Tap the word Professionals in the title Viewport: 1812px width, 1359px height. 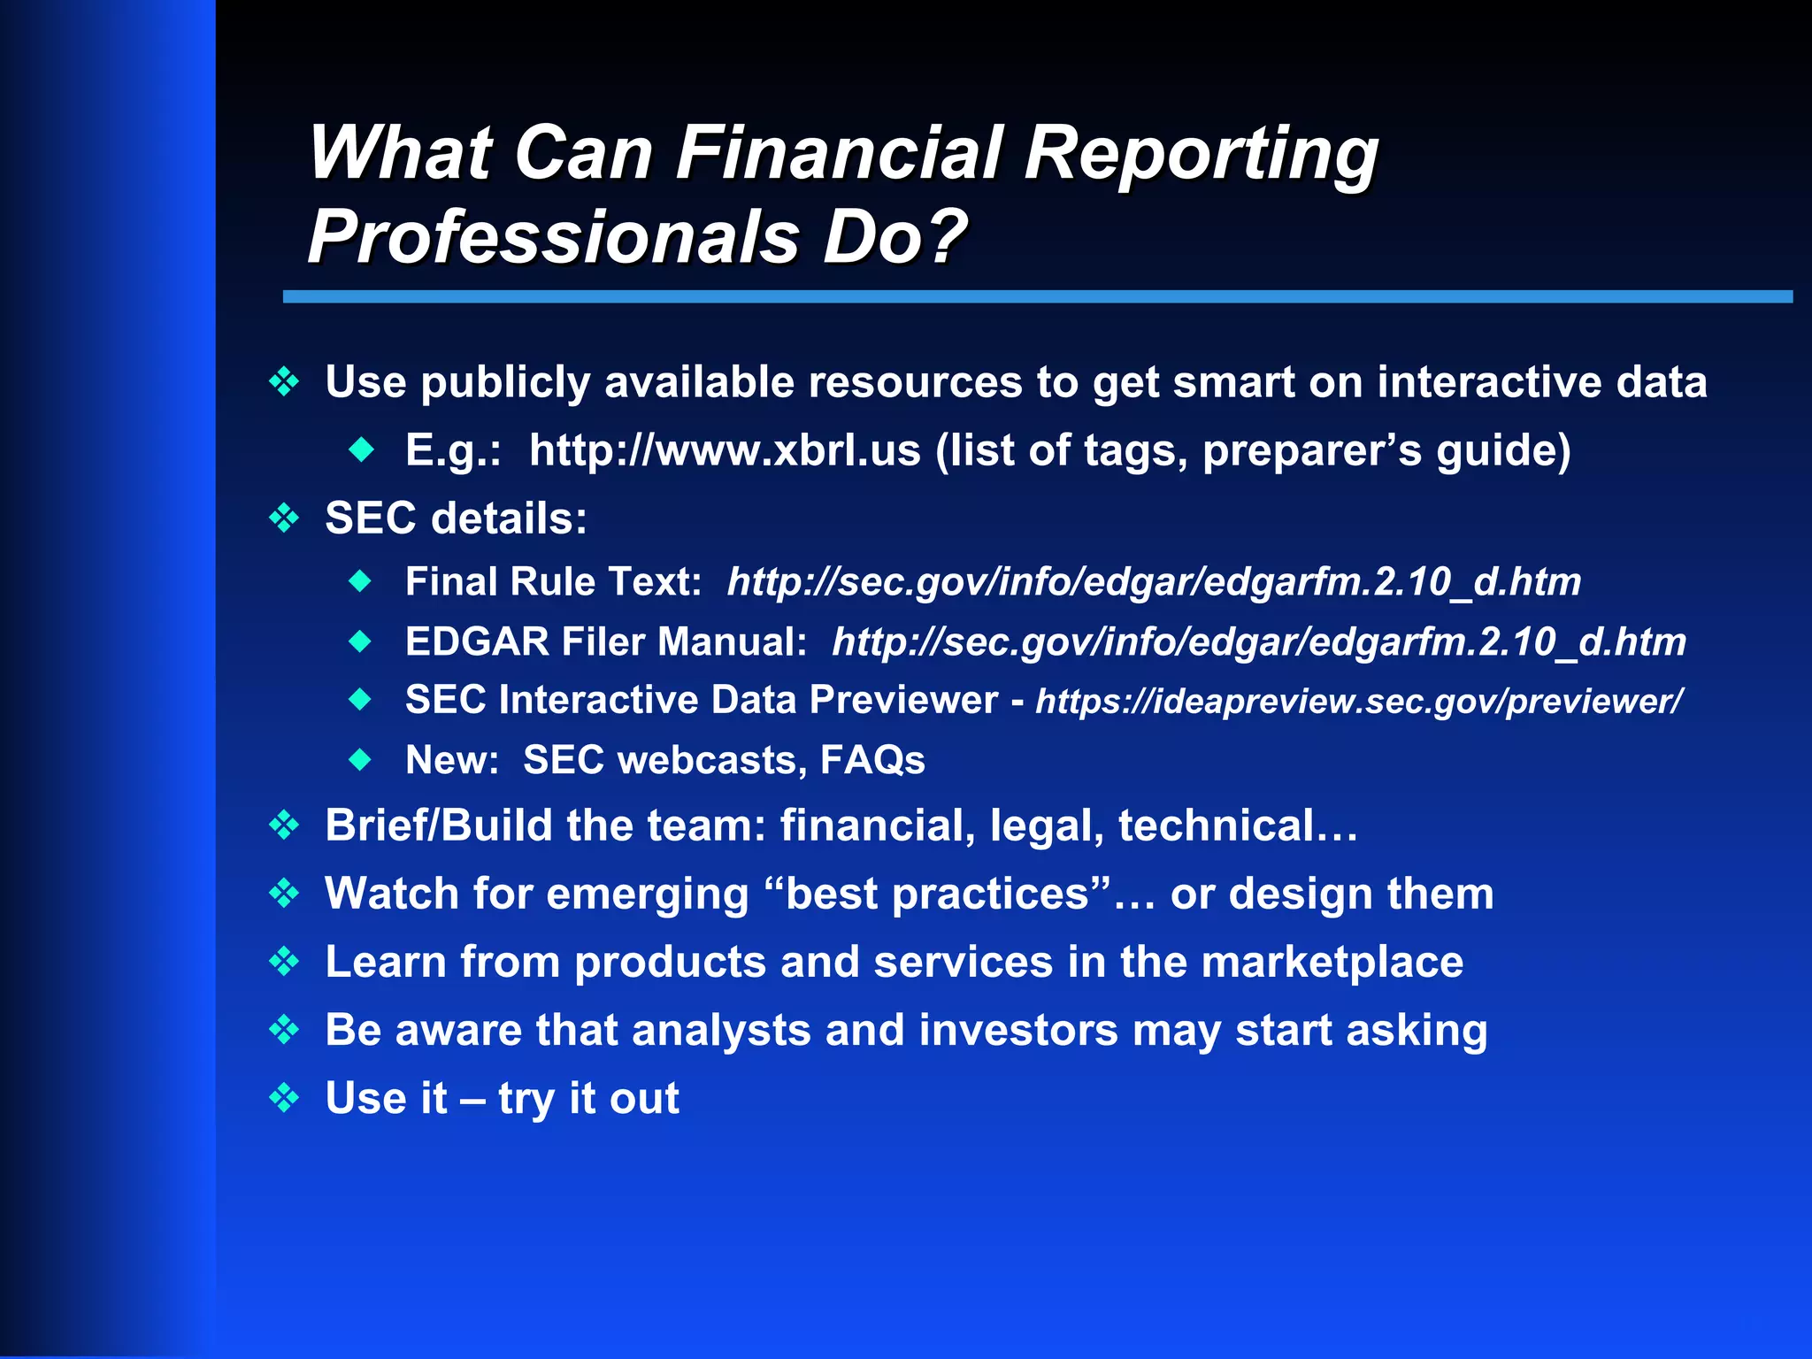(x=552, y=237)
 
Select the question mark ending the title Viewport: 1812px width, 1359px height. (x=945, y=235)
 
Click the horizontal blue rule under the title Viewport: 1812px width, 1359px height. (x=1037, y=296)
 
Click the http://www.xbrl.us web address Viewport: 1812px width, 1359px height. (x=725, y=450)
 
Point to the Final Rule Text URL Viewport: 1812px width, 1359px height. (x=1154, y=582)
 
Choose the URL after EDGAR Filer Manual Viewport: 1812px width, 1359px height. (x=1258, y=642)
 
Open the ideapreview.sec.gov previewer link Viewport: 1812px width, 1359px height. (x=1359, y=702)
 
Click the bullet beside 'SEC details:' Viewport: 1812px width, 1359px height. (x=284, y=518)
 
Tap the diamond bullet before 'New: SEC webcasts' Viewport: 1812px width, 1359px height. (x=360, y=759)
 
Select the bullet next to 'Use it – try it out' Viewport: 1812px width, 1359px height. (x=284, y=1098)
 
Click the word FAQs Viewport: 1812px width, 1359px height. (x=872, y=760)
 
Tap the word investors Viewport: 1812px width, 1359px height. (x=1018, y=1030)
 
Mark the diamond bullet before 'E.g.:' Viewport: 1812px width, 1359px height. (x=361, y=450)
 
